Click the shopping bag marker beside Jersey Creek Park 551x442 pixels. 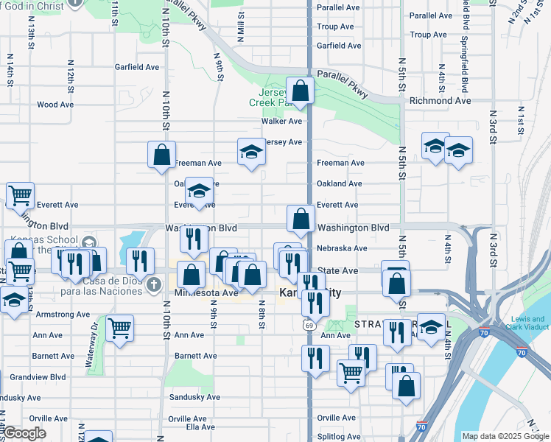[300, 91]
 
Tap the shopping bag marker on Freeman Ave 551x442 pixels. [161, 155]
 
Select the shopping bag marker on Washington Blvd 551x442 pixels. [301, 219]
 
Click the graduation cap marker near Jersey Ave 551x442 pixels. [251, 152]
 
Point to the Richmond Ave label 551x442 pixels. [440, 100]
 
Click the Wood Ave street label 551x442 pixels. [55, 105]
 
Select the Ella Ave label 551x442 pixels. [200, 427]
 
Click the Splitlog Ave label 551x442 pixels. [338, 437]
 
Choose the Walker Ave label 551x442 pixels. [281, 121]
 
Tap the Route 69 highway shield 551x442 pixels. [306, 324]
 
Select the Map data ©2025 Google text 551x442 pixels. [505, 436]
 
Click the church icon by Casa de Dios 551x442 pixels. [153, 284]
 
